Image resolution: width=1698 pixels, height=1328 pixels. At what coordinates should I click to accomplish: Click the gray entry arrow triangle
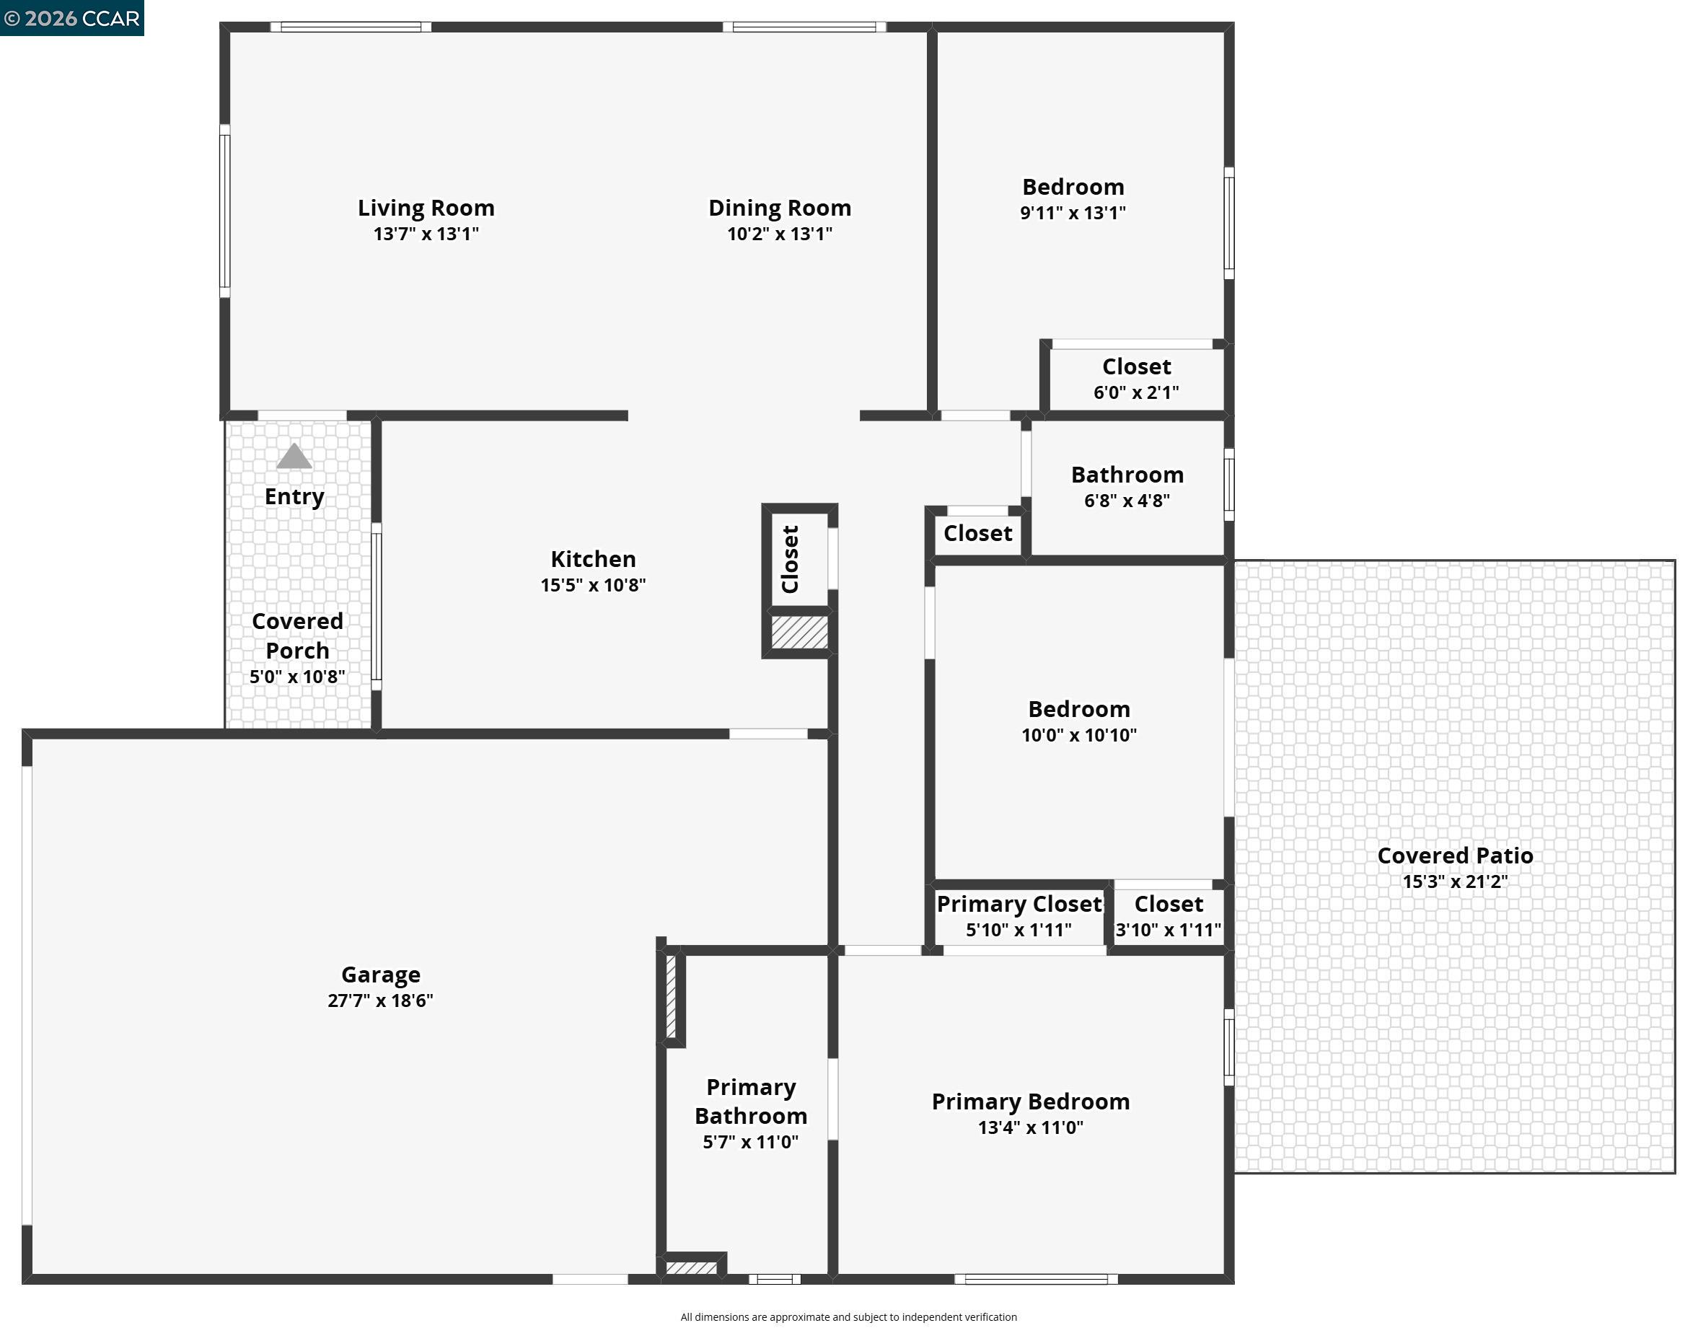tap(294, 457)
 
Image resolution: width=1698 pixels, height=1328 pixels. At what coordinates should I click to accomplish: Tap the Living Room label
tap(426, 208)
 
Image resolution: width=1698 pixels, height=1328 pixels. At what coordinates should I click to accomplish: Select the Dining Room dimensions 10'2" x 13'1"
tap(779, 234)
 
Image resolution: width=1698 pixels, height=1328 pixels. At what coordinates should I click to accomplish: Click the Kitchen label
tap(593, 559)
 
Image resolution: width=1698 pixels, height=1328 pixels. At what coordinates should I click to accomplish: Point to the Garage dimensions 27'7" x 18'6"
tap(380, 1001)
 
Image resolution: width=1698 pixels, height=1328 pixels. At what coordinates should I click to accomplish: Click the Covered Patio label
tap(1455, 856)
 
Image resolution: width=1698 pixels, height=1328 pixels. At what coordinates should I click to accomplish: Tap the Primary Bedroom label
tap(1030, 1101)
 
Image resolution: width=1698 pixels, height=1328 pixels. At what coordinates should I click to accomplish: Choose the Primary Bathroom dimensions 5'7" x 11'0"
tap(750, 1142)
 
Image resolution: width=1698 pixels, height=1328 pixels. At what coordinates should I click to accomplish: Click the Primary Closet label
tap(1019, 905)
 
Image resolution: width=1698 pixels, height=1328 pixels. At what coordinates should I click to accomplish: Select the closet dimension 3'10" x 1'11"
tap(1168, 930)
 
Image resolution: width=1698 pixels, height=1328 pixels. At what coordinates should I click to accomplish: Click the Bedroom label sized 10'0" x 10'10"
tap(1079, 709)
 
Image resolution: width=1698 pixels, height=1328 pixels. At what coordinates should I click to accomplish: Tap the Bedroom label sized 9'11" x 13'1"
tap(1073, 188)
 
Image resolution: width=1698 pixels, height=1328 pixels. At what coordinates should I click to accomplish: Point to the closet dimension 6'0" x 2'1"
tap(1136, 392)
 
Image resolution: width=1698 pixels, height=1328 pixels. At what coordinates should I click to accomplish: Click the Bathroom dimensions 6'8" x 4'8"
tap(1127, 501)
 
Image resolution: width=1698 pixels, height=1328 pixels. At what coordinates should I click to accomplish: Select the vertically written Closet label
tap(791, 559)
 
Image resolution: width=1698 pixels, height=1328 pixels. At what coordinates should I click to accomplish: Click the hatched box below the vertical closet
tap(799, 632)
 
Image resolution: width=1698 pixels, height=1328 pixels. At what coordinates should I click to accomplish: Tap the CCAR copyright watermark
tap(71, 18)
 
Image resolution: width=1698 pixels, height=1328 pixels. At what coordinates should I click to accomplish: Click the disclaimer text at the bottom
tap(848, 1316)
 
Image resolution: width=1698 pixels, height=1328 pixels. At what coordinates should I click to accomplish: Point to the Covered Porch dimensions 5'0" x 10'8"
tap(297, 677)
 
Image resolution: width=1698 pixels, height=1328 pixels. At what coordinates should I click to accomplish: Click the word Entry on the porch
tap(294, 497)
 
